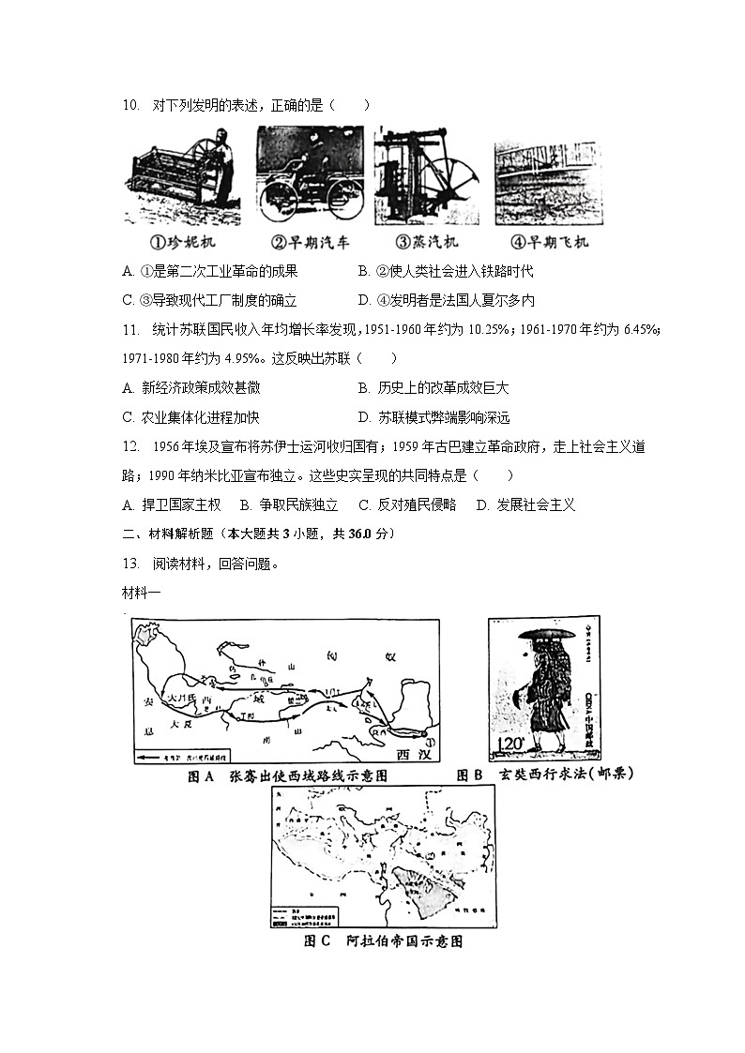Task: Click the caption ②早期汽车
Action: point(310,242)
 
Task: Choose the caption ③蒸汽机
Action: point(427,242)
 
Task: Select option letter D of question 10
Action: point(363,300)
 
